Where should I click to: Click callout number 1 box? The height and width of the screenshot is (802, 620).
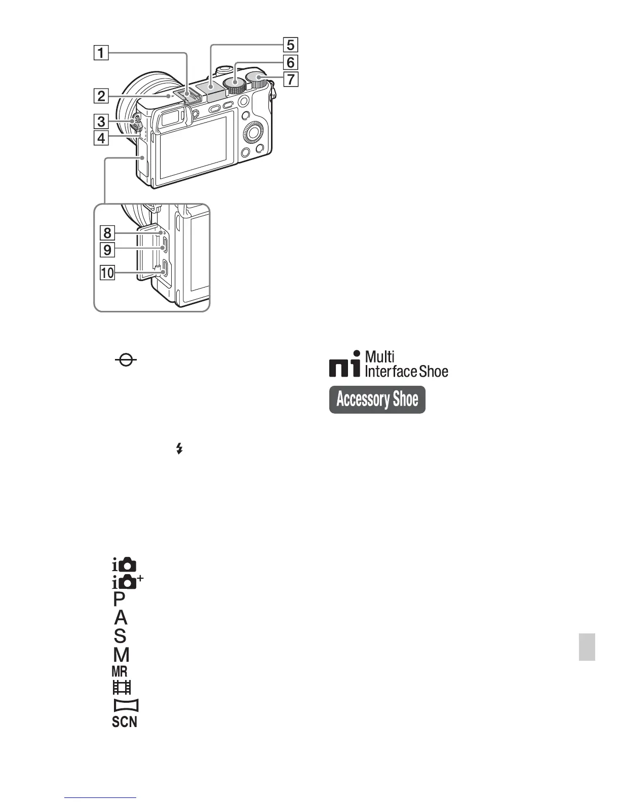(x=101, y=53)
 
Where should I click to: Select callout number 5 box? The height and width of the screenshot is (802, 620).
(x=290, y=45)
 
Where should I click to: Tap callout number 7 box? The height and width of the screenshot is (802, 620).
(x=290, y=79)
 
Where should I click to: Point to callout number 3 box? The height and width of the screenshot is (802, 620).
(x=101, y=122)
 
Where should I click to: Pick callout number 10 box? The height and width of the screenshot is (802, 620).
(x=107, y=273)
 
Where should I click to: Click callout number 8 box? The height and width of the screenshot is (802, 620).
(x=107, y=233)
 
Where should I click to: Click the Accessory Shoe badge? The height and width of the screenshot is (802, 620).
(x=377, y=399)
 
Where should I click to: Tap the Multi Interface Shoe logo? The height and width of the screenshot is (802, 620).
(x=389, y=365)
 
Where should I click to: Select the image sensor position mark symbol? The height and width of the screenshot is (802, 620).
(x=126, y=360)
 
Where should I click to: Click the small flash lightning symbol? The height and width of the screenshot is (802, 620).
(x=179, y=448)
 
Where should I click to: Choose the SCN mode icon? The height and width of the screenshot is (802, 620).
(x=125, y=721)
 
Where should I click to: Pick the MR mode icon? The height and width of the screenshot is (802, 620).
(x=120, y=671)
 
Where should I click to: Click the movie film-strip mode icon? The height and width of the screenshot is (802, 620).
(x=122, y=687)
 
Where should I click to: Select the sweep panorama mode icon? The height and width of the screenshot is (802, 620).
(x=125, y=705)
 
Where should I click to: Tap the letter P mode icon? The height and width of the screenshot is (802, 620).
(x=120, y=599)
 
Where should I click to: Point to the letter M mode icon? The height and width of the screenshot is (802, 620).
(x=122, y=655)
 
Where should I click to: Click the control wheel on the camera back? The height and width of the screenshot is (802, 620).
(x=253, y=134)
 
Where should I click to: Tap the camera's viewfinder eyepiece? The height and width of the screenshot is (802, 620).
(x=171, y=121)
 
